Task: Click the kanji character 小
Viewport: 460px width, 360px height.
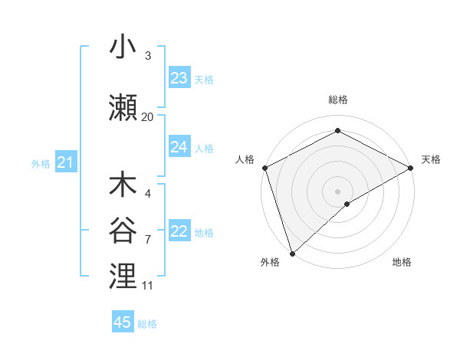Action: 123,47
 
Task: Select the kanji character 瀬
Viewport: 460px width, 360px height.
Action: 123,108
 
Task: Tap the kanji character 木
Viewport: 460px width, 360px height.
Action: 123,185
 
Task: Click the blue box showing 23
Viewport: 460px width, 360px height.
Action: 179,77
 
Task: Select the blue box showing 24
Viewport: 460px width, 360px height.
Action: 179,147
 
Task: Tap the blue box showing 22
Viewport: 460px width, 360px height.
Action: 179,231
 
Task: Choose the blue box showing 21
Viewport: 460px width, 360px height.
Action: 65,162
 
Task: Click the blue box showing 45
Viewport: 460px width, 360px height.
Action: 123,322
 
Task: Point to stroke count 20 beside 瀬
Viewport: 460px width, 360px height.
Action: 147,116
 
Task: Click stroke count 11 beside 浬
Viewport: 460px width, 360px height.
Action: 147,285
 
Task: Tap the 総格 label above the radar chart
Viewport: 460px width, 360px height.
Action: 337,100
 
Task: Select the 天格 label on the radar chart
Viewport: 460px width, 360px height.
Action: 431,159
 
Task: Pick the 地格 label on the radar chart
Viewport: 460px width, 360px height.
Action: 402,262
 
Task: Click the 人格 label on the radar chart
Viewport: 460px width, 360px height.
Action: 245,159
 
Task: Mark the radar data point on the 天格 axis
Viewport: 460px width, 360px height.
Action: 411,167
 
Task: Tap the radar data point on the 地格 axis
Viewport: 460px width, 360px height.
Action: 347,204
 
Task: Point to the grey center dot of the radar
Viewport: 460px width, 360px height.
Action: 337,191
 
